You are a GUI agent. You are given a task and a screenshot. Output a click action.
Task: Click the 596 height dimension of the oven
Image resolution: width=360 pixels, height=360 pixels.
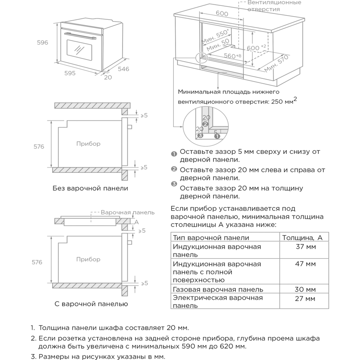pos(42,43)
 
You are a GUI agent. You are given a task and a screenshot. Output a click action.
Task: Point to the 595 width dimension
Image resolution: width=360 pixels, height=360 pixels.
pos(69,72)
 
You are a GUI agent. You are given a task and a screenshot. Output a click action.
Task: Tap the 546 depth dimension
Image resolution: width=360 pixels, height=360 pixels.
pos(123,69)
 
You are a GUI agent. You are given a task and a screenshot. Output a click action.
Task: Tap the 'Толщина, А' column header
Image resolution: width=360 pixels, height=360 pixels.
pos(302,238)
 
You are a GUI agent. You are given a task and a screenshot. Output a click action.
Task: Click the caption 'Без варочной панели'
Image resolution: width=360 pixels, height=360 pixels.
pos(90,188)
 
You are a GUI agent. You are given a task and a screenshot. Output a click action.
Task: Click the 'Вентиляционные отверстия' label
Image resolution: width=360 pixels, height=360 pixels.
pos(274,5)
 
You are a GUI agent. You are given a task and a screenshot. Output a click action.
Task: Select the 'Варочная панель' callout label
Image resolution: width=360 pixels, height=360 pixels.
pos(127,212)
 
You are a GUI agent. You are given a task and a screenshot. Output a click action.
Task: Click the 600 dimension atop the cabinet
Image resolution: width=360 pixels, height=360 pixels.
pos(222,13)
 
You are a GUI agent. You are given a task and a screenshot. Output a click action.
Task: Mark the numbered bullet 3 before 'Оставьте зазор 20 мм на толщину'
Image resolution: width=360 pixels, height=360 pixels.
pos(174,184)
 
